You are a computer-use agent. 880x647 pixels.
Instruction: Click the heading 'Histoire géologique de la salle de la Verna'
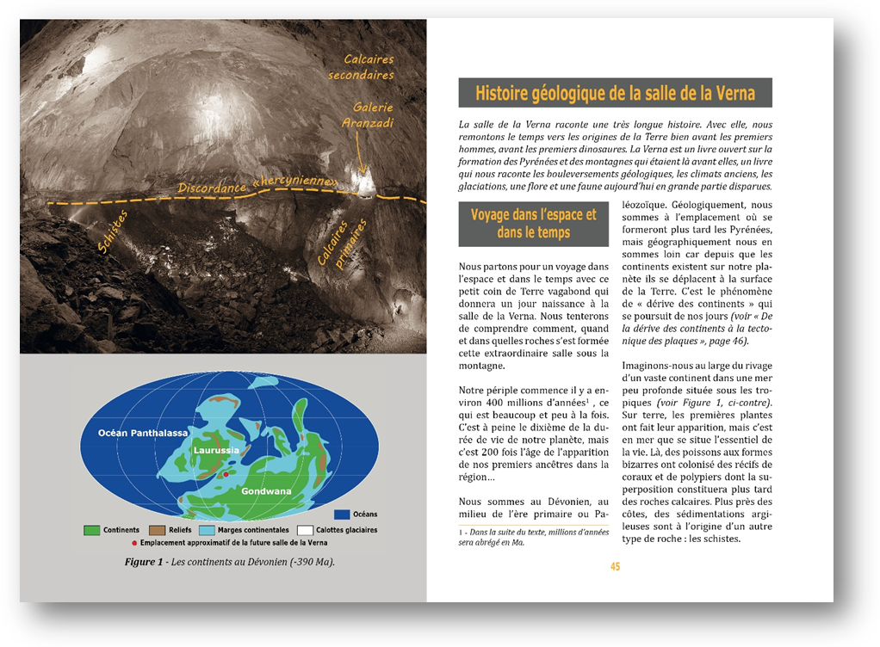pyautogui.click(x=615, y=93)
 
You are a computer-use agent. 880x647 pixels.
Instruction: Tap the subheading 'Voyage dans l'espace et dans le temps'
pyautogui.click(x=533, y=224)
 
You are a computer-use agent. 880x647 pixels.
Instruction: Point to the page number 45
pyautogui.click(x=615, y=566)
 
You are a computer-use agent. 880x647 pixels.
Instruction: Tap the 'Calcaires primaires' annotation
pyautogui.click(x=342, y=242)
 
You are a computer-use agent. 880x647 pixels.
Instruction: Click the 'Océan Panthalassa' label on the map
pyautogui.click(x=143, y=433)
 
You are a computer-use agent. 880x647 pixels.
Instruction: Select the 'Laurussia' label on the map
pyautogui.click(x=215, y=450)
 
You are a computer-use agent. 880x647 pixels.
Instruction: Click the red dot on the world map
pyautogui.click(x=226, y=474)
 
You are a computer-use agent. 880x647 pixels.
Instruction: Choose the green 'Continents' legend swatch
pyautogui.click(x=91, y=530)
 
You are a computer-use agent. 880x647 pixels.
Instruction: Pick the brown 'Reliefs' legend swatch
pyautogui.click(x=157, y=530)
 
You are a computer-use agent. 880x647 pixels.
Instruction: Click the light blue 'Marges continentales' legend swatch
pyautogui.click(x=207, y=530)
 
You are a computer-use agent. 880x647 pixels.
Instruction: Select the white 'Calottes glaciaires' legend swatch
pyautogui.click(x=304, y=530)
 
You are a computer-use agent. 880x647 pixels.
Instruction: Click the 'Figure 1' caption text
pyautogui.click(x=229, y=562)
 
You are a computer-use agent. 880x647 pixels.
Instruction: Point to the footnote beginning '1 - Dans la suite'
pyautogui.click(x=533, y=537)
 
